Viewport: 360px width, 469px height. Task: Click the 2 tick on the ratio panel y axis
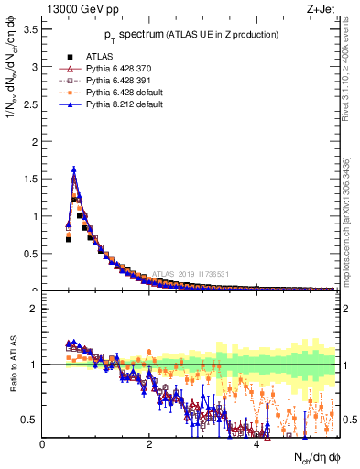35,309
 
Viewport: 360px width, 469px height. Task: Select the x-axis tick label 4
256,443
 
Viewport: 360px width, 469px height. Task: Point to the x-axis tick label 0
43,443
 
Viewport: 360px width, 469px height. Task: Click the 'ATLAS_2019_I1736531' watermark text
193,273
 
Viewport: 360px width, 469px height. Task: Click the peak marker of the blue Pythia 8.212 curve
74,169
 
